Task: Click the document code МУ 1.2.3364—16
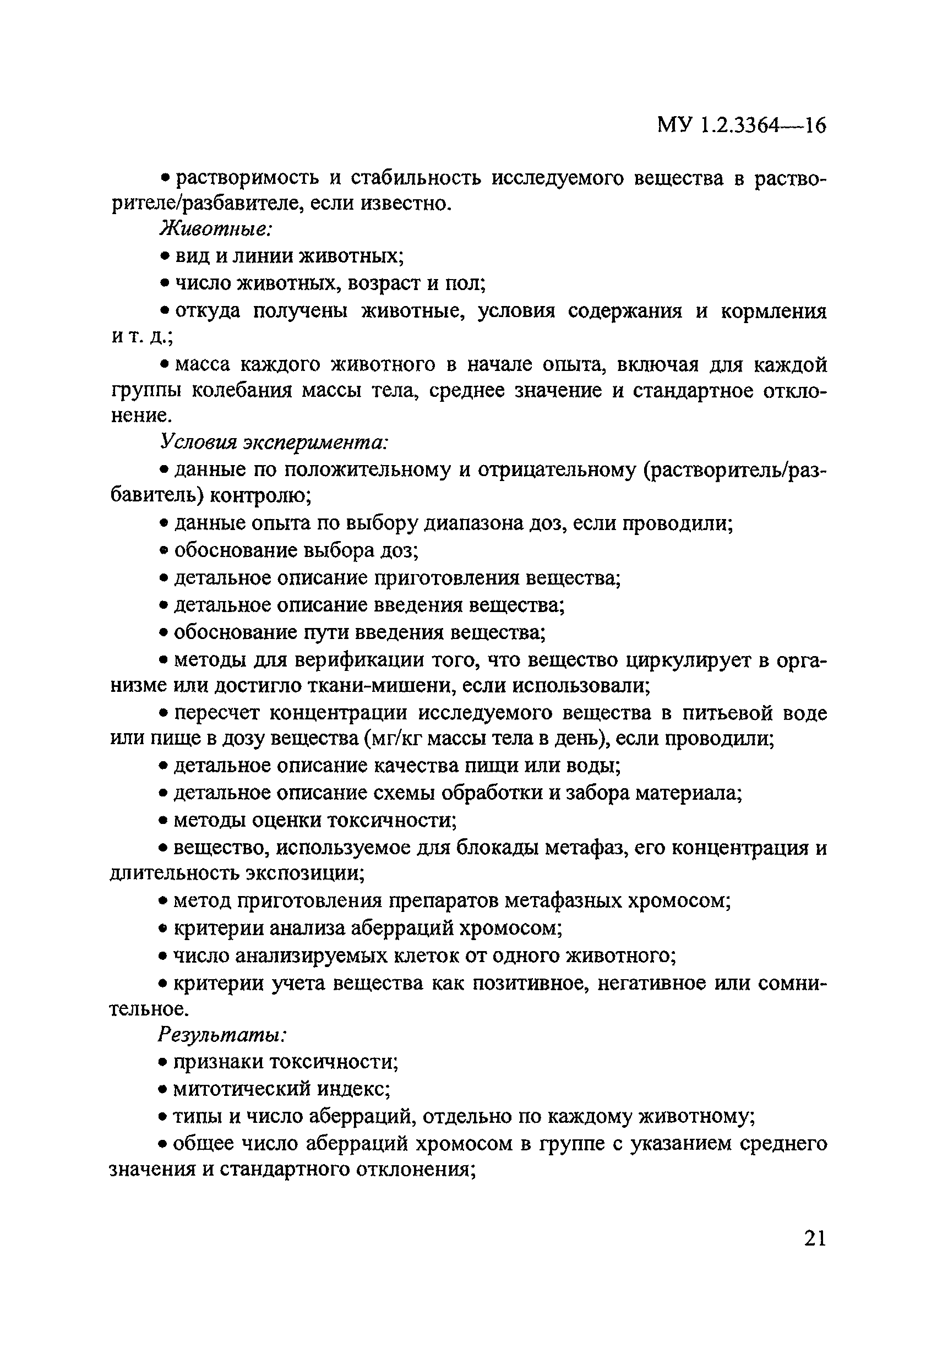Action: pyautogui.click(x=742, y=125)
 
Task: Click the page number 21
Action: pyautogui.click(x=814, y=1238)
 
